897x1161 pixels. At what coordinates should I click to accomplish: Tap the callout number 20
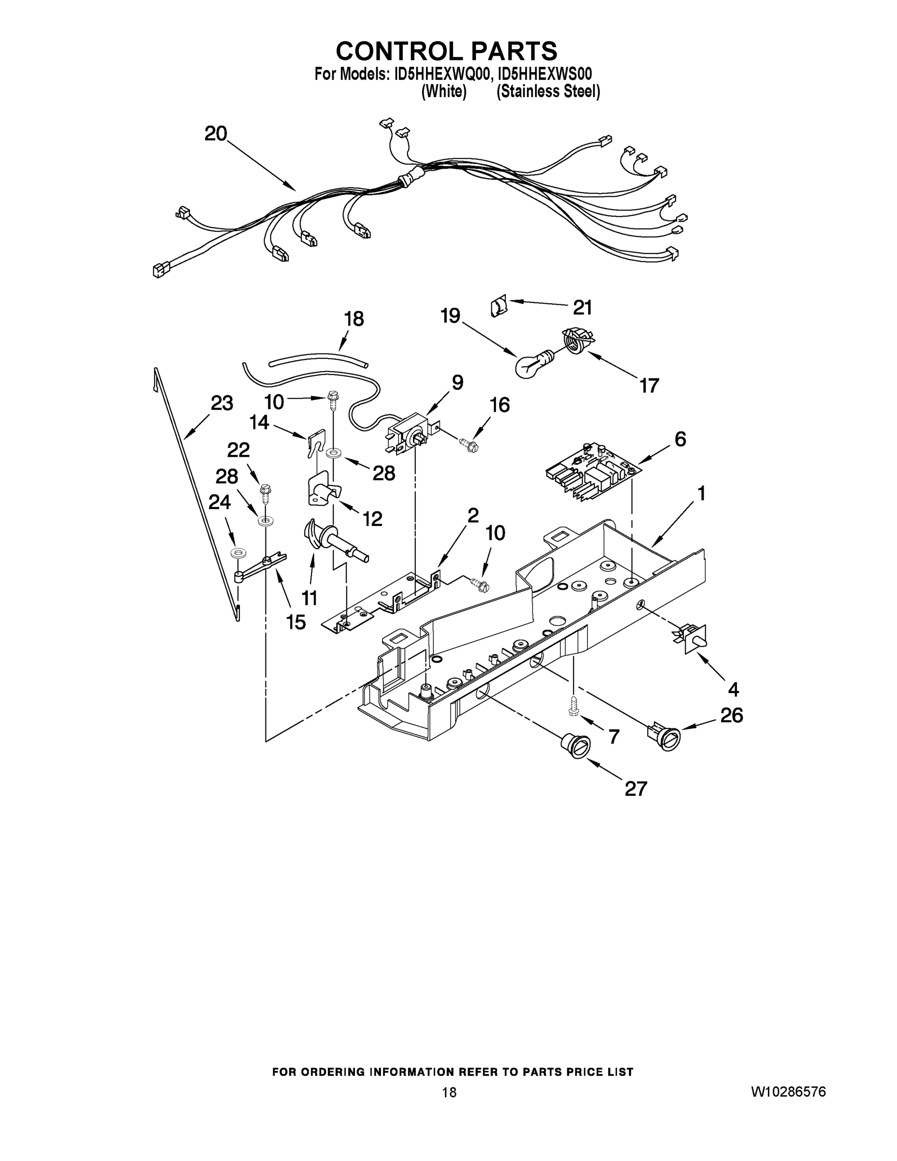click(216, 134)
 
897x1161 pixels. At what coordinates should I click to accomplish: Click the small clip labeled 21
click(498, 307)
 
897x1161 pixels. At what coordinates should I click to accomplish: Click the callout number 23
click(221, 403)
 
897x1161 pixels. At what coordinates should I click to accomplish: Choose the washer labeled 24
click(236, 554)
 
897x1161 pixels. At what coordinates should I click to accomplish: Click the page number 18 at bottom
click(449, 1093)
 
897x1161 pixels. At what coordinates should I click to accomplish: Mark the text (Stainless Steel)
click(548, 92)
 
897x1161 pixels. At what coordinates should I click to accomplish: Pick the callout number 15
click(296, 622)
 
